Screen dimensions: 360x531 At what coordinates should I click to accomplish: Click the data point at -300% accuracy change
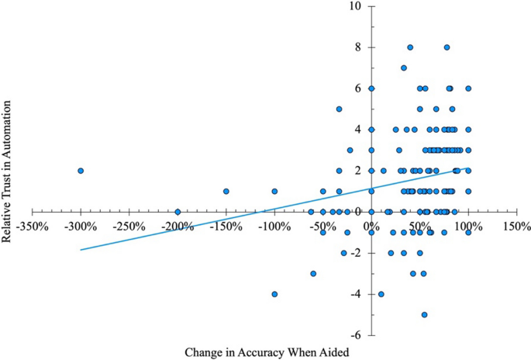click(x=81, y=171)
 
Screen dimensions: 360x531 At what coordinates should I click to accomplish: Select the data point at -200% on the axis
click(x=178, y=212)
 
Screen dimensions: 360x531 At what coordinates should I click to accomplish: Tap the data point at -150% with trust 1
click(x=226, y=191)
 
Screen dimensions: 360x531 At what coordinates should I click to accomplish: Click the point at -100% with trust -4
click(x=274, y=294)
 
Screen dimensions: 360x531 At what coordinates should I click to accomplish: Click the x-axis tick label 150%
click(x=516, y=227)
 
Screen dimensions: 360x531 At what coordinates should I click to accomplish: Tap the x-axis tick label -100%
click(x=274, y=227)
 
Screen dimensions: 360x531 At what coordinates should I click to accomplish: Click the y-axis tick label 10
click(x=356, y=6)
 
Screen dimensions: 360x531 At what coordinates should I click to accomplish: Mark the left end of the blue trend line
click(x=81, y=250)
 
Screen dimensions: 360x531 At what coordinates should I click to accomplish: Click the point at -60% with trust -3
click(x=313, y=273)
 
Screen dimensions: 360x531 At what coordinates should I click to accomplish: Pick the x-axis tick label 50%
click(x=419, y=227)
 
